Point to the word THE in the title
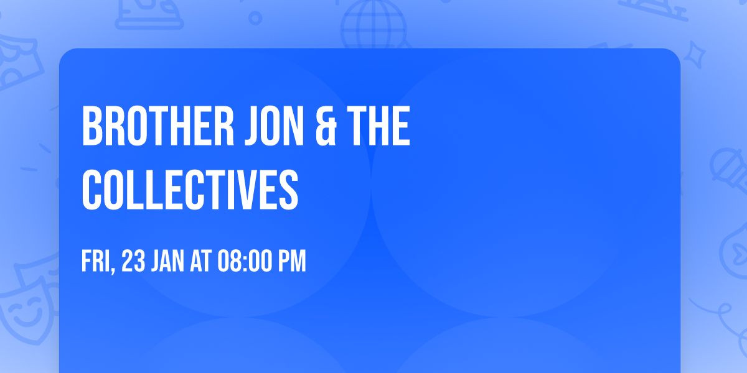(378, 127)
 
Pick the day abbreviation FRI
(95, 262)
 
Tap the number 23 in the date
(134, 262)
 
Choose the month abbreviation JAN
(167, 262)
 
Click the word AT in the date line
(201, 262)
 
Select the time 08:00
(243, 262)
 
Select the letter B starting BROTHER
(92, 127)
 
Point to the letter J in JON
(243, 127)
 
